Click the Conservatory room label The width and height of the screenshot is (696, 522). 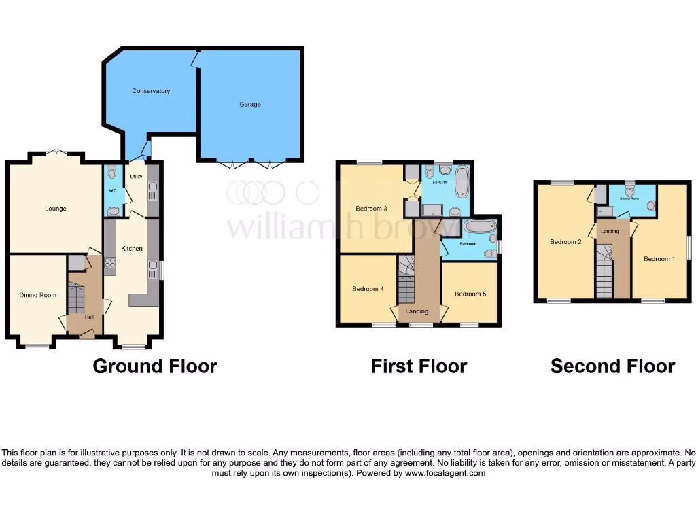tap(151, 91)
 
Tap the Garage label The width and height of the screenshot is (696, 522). tap(249, 105)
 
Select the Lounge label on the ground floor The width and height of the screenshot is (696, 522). tap(56, 209)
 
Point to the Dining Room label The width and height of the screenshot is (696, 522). tap(37, 295)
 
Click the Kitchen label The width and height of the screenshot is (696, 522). tap(132, 249)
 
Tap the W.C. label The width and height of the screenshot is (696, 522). tap(113, 191)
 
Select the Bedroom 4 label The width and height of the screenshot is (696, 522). tap(368, 289)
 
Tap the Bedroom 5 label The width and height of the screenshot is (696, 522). tap(470, 294)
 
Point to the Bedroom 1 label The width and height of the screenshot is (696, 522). tap(659, 259)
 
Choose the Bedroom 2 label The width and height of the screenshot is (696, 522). tap(565, 242)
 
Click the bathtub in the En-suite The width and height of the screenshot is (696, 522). tap(462, 182)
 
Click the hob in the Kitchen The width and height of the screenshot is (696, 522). tap(109, 264)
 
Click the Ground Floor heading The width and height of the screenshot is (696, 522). tap(154, 366)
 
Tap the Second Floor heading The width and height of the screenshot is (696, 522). tap(612, 366)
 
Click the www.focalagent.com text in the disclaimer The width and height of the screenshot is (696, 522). tap(445, 473)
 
